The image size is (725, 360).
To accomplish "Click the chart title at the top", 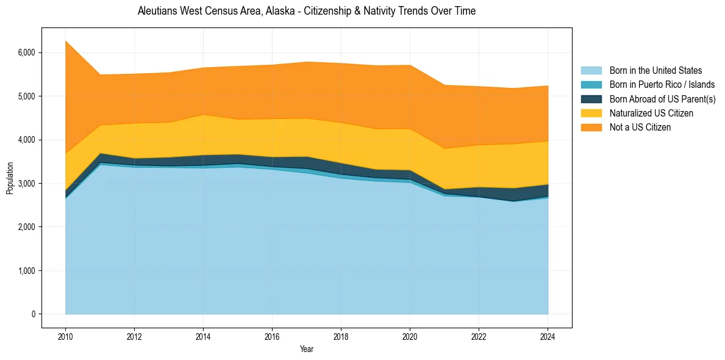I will click(x=307, y=11).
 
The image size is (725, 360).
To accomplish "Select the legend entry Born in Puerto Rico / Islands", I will click(x=662, y=85).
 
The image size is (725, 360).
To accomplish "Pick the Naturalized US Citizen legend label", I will click(x=651, y=113).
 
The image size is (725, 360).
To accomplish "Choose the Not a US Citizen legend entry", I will click(x=640, y=128).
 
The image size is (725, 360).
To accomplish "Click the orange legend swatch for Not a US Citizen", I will click(x=591, y=128).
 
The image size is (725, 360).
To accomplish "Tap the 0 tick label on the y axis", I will click(x=34, y=314).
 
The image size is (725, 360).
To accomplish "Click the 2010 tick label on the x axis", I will click(x=65, y=336).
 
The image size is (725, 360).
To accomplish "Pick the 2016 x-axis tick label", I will click(x=272, y=336).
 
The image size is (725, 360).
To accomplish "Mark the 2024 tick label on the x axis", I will click(x=548, y=336).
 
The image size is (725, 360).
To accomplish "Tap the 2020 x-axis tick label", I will click(x=410, y=336).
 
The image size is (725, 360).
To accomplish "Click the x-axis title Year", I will click(x=307, y=350).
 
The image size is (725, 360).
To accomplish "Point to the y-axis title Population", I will click(x=10, y=178).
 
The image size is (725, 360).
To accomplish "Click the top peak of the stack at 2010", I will click(x=65, y=41).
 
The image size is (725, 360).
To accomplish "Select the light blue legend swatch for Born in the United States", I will click(x=591, y=71).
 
